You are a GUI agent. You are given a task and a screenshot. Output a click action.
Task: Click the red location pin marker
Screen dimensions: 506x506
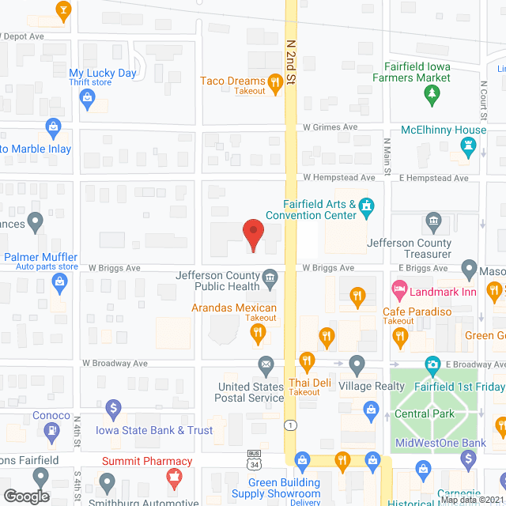click(252, 234)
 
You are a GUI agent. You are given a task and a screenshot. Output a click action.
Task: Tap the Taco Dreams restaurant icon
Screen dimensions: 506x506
click(275, 81)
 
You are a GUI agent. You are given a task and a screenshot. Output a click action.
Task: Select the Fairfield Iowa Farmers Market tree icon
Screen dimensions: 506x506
click(432, 95)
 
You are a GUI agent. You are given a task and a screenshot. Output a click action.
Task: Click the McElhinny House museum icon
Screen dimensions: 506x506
click(467, 146)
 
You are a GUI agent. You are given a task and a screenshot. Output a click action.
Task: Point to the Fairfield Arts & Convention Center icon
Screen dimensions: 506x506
click(366, 206)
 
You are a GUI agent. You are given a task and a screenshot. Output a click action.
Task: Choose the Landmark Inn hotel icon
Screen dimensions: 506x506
click(399, 291)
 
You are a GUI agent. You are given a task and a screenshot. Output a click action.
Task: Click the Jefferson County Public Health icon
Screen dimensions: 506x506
click(270, 277)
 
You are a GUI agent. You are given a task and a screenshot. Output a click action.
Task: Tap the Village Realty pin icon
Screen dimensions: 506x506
click(357, 364)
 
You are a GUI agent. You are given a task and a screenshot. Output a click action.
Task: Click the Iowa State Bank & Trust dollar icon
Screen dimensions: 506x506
click(113, 409)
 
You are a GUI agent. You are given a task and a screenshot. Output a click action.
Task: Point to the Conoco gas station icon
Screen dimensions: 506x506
click(52, 431)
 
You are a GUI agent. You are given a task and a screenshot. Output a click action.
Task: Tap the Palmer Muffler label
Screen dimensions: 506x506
click(41, 257)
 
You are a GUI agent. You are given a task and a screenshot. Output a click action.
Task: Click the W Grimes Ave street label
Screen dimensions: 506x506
click(330, 127)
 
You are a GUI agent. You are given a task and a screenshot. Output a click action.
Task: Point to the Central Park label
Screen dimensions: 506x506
click(424, 413)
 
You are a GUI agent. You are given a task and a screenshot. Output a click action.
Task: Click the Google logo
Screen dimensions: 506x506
click(25, 497)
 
